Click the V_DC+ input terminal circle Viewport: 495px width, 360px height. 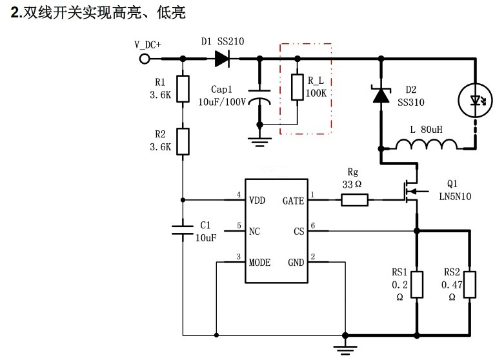[x=144, y=59]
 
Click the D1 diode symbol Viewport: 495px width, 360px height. [x=222, y=59]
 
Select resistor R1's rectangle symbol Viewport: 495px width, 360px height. [x=183, y=90]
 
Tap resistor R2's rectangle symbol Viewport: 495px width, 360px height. [x=183, y=141]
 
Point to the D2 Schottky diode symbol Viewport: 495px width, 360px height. [x=381, y=95]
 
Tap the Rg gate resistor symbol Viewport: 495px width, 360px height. [x=354, y=201]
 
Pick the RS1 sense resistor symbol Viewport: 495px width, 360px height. [x=417, y=284]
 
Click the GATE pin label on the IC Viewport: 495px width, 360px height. [x=294, y=200]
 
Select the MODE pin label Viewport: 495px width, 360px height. [x=260, y=262]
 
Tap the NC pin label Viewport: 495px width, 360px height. [x=255, y=231]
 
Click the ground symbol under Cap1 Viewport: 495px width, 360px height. [x=259, y=141]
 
